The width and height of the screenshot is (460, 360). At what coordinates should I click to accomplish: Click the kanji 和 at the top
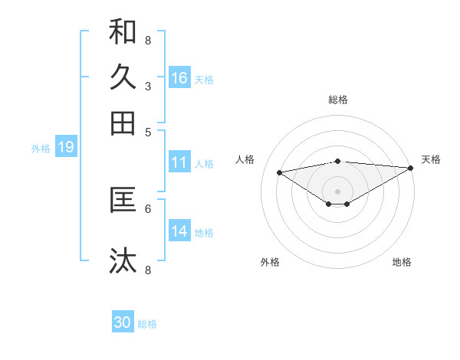(x=123, y=32)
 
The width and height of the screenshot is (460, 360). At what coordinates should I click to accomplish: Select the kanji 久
(x=123, y=77)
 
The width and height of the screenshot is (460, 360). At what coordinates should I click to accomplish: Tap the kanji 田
(x=123, y=123)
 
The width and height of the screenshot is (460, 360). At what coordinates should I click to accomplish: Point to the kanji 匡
(x=123, y=200)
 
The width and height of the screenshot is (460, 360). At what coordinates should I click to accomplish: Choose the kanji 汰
(x=123, y=261)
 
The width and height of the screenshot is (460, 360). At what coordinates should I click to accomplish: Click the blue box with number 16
(x=179, y=78)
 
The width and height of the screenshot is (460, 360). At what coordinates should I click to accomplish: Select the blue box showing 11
(x=179, y=162)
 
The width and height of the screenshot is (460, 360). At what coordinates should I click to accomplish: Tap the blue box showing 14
(x=179, y=231)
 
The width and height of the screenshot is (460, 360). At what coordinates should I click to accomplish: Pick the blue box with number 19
(x=65, y=147)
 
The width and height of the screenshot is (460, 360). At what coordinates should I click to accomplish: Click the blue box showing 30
(x=123, y=322)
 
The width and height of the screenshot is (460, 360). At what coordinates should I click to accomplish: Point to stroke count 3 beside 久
(x=148, y=86)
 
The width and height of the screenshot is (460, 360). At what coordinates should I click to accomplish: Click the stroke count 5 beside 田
(x=148, y=131)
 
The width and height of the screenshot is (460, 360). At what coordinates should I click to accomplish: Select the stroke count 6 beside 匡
(x=148, y=208)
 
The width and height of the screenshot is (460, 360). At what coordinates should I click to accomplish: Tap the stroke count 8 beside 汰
(x=148, y=270)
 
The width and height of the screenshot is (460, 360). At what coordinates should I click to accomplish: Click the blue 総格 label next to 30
(x=147, y=324)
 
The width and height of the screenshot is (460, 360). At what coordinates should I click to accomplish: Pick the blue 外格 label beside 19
(x=41, y=149)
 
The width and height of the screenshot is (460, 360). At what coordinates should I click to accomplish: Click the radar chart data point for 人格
(x=279, y=172)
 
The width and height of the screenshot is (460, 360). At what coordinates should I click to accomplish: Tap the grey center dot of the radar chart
(x=338, y=191)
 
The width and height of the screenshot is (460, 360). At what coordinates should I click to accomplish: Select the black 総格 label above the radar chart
(x=338, y=100)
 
